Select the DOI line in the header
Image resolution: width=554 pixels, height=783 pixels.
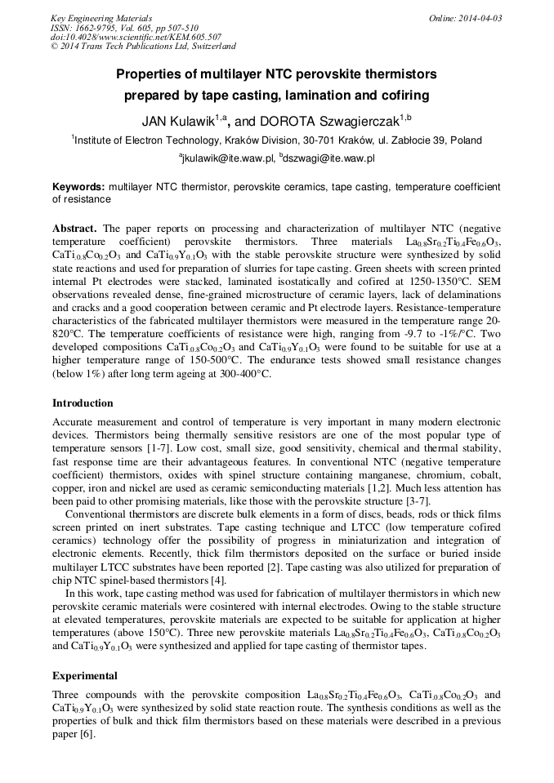click(136, 37)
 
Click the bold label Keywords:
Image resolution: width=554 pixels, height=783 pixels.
click(78, 187)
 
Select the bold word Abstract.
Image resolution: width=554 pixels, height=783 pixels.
click(74, 228)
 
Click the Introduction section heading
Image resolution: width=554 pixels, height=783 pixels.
click(83, 403)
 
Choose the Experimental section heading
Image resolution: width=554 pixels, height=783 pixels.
click(85, 676)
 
